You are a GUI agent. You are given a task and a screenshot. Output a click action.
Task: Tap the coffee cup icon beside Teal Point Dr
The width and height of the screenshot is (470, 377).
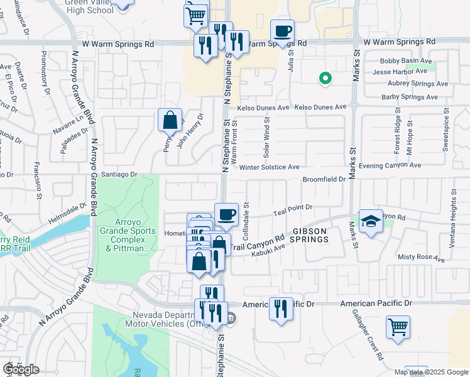(226, 214)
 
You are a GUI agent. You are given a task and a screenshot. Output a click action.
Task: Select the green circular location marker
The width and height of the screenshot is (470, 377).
(325, 79)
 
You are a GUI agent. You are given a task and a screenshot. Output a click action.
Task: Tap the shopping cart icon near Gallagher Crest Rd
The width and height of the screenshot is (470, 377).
(398, 327)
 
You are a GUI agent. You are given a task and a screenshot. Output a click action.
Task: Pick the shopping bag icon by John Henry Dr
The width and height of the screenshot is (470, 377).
(171, 119)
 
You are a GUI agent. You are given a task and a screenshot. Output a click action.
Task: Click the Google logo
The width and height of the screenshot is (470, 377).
(21, 369)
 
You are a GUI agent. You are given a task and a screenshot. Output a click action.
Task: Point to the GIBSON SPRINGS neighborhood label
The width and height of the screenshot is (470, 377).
(309, 235)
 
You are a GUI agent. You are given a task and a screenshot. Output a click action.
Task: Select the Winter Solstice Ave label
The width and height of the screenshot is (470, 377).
(269, 167)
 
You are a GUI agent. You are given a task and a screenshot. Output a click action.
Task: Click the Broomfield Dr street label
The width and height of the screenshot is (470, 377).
(324, 179)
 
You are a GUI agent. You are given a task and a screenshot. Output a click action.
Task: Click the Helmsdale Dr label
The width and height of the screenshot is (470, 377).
(65, 208)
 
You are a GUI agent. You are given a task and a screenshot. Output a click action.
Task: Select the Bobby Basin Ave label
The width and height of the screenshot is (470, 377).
(407, 62)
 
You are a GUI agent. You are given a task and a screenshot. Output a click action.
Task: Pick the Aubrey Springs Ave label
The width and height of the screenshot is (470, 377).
(410, 84)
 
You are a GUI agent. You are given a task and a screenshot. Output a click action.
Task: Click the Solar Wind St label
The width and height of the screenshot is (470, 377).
(267, 139)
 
